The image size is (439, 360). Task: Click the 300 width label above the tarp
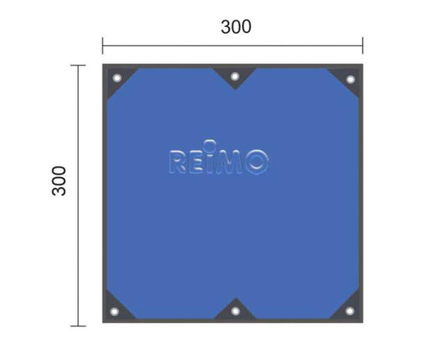(x=236, y=27)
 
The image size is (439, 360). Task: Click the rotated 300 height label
(x=59, y=181)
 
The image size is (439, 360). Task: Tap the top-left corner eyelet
(x=117, y=78)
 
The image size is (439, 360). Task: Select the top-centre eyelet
(x=235, y=76)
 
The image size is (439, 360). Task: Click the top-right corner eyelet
(x=350, y=80)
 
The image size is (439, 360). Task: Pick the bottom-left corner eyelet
(x=115, y=312)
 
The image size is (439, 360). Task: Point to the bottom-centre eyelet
(x=236, y=311)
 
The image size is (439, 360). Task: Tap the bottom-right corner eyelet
(x=350, y=311)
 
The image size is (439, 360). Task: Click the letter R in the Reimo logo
(x=177, y=162)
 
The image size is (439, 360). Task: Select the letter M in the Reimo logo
(x=228, y=162)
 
